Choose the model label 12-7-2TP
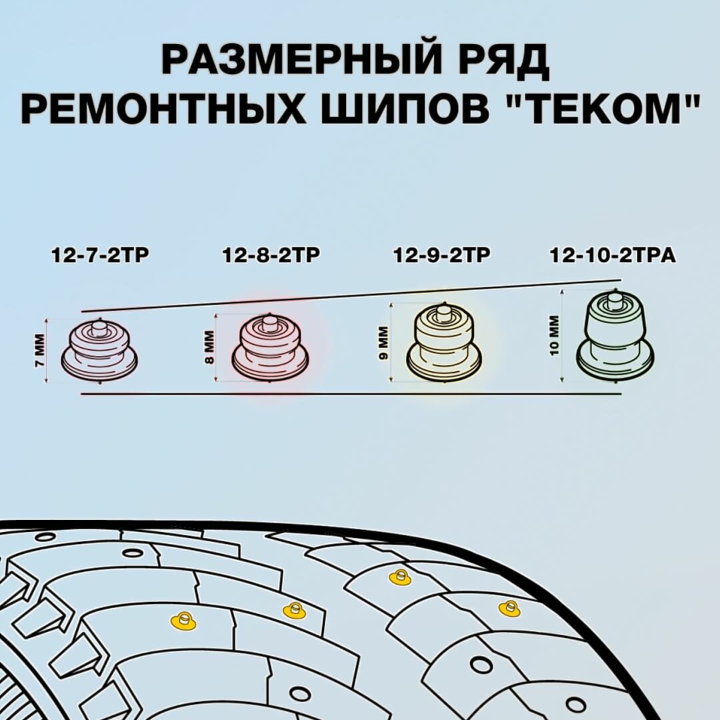(99, 255)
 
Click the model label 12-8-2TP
(271, 255)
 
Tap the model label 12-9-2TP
(442, 255)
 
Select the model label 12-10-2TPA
(613, 255)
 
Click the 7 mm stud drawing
(99, 349)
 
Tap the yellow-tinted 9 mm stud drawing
(443, 344)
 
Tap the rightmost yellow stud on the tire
(509, 608)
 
